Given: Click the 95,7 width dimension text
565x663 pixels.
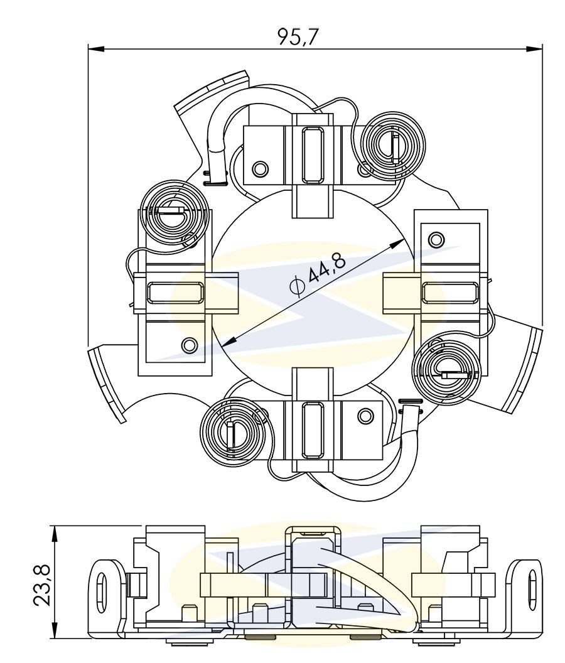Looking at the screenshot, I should [299, 37].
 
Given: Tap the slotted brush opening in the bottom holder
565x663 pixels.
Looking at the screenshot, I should [312, 429].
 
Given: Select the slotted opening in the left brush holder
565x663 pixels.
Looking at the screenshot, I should [175, 293].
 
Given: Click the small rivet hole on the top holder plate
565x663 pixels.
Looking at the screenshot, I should [259, 168].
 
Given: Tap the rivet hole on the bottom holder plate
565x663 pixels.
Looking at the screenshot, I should [364, 415].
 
